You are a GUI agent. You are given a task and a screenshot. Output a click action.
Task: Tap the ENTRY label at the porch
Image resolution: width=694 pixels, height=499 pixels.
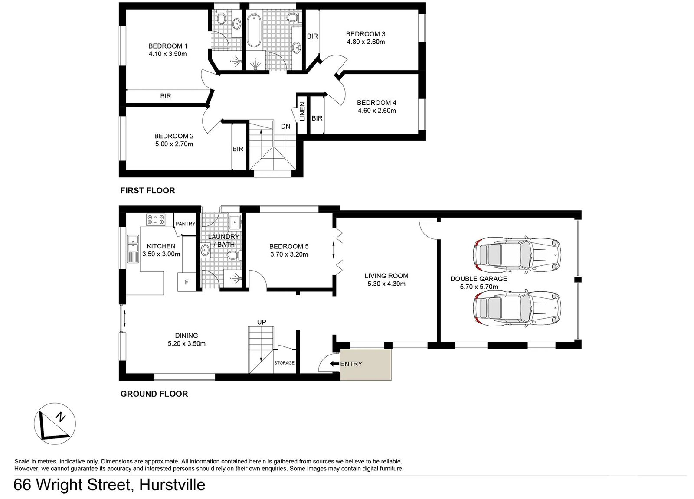pyautogui.click(x=351, y=364)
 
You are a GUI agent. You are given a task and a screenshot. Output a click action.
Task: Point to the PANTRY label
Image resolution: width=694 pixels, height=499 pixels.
pyautogui.click(x=185, y=224)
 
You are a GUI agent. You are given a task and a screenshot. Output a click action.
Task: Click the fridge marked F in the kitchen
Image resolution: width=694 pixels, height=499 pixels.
pyautogui.click(x=187, y=282)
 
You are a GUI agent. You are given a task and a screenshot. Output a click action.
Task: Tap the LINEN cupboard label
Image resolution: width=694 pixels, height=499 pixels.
pyautogui.click(x=302, y=111)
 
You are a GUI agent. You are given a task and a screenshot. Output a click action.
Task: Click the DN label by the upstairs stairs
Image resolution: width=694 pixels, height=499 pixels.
pyautogui.click(x=285, y=127)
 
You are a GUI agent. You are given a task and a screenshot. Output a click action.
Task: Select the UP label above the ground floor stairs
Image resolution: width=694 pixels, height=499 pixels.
pyautogui.click(x=262, y=322)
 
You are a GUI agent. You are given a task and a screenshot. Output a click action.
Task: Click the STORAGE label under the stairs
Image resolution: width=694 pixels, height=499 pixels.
pyautogui.click(x=284, y=363)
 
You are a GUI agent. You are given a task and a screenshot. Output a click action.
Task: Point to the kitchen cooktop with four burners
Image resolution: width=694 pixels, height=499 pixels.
pyautogui.click(x=156, y=220)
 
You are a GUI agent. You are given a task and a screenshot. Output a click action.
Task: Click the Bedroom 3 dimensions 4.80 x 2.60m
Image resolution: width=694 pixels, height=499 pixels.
pyautogui.click(x=366, y=42)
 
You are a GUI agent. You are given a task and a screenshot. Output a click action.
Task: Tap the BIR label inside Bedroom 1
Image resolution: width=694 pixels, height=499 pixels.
pyautogui.click(x=165, y=96)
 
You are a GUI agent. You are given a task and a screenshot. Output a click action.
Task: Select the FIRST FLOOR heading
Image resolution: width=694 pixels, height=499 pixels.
pyautogui.click(x=147, y=190)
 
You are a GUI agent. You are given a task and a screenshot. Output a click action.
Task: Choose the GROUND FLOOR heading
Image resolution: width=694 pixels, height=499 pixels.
pyautogui.click(x=154, y=394)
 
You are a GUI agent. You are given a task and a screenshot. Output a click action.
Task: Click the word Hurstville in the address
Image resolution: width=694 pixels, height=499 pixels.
pyautogui.click(x=172, y=484)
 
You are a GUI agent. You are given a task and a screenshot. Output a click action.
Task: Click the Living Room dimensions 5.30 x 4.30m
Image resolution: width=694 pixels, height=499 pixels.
pyautogui.click(x=386, y=284)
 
